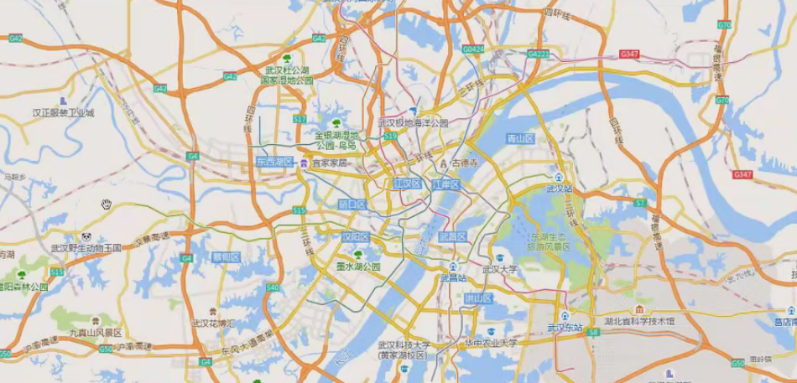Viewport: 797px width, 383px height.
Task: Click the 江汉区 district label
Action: (x=406, y=184)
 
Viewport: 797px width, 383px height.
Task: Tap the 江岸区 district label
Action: (x=446, y=184)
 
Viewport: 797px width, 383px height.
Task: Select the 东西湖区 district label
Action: (x=274, y=161)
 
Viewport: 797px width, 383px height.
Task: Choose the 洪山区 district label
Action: (x=478, y=298)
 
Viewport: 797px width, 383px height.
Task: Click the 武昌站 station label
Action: (x=454, y=277)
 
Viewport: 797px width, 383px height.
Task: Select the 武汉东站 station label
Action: (x=564, y=327)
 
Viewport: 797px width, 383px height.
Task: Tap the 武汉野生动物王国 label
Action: (x=86, y=247)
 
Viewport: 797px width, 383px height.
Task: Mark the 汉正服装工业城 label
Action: (x=64, y=112)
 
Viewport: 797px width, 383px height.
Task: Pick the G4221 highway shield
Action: (x=539, y=54)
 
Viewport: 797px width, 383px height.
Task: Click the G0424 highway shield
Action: (x=475, y=50)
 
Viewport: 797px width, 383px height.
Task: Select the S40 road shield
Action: (x=273, y=287)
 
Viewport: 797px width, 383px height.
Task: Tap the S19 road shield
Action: (x=390, y=134)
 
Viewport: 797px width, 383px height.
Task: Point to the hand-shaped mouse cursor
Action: (x=107, y=204)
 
